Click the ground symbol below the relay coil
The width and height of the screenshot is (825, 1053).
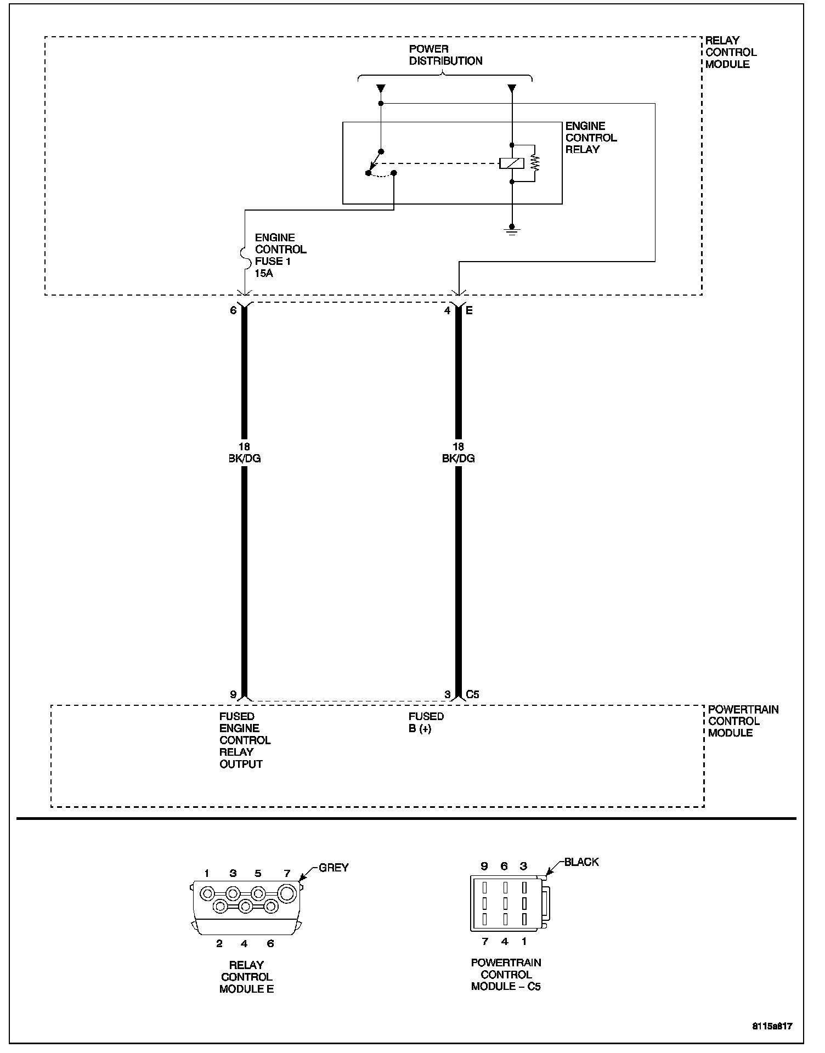[x=512, y=230]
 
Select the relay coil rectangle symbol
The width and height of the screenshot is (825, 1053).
[x=512, y=163]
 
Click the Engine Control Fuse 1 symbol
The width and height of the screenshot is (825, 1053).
[x=244, y=255]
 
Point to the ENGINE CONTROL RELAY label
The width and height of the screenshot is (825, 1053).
[x=591, y=138]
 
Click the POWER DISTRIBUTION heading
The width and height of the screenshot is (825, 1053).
[x=445, y=55]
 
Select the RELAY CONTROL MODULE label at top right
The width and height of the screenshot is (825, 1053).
[x=730, y=52]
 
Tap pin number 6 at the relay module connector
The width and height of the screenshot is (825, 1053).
[x=233, y=310]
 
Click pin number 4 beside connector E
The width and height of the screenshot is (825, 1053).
[x=448, y=310]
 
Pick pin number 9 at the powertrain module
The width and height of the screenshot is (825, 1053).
[x=233, y=694]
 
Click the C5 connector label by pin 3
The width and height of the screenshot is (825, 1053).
[x=472, y=694]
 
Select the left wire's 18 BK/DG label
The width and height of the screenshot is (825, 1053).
[x=244, y=453]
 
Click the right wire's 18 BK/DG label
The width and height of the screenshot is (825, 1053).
[x=458, y=453]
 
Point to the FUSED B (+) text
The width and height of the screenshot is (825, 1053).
[x=426, y=723]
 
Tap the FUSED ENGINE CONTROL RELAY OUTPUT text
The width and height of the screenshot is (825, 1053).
[x=245, y=740]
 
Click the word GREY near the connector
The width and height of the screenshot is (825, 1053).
[x=334, y=868]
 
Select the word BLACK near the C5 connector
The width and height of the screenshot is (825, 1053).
[x=581, y=862]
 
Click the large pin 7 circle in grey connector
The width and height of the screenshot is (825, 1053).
[x=287, y=894]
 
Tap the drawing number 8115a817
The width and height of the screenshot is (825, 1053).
[x=772, y=1026]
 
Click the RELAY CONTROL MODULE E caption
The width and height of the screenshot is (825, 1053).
[x=246, y=977]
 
